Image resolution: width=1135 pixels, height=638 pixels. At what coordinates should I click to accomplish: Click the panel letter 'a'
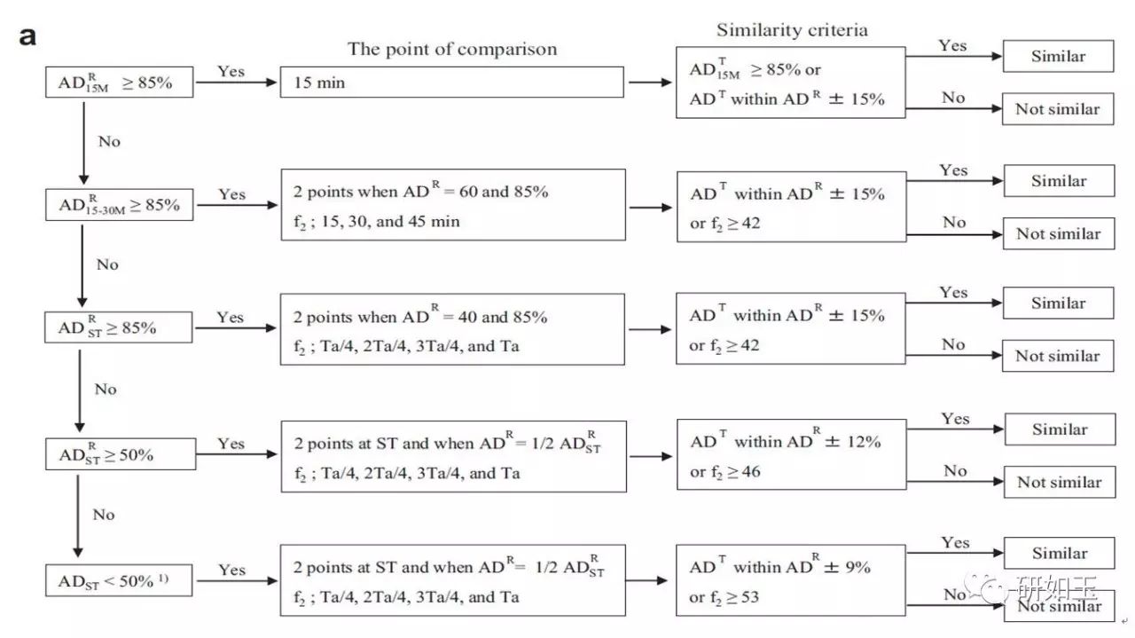pyautogui.click(x=27, y=36)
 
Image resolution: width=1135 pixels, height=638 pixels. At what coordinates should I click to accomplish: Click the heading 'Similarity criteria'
pyautogui.click(x=792, y=30)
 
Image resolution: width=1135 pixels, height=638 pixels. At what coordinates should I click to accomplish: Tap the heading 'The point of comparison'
pyautogui.click(x=452, y=49)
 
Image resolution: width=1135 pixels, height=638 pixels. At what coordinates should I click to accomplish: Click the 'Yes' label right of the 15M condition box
pyautogui.click(x=231, y=72)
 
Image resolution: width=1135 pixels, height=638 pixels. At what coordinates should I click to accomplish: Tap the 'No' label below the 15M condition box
pyautogui.click(x=109, y=141)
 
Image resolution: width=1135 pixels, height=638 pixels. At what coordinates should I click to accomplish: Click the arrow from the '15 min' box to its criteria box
pyautogui.click(x=650, y=83)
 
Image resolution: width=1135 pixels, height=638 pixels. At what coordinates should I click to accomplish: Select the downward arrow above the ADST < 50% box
pyautogui.click(x=77, y=516)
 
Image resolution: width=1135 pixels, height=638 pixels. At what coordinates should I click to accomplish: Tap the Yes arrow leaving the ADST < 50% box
pyautogui.click(x=237, y=580)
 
